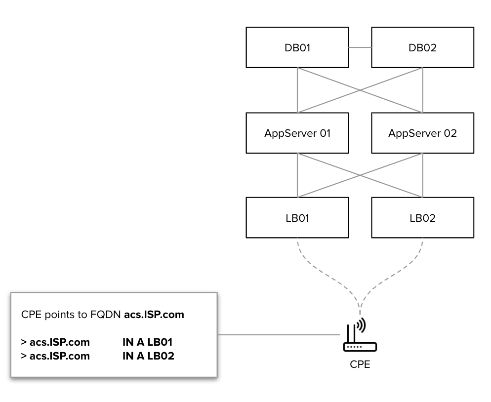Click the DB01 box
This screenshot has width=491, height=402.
click(297, 48)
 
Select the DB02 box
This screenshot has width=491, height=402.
click(423, 48)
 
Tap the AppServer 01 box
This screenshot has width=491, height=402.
click(297, 133)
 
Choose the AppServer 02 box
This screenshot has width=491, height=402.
click(423, 133)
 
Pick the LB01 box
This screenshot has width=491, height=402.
click(297, 218)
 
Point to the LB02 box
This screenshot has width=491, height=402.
click(423, 218)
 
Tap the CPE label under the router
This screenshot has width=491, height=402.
click(360, 366)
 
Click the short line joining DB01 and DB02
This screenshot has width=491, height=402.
click(360, 48)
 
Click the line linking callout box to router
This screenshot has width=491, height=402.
click(277, 335)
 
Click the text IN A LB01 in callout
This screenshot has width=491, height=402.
click(148, 341)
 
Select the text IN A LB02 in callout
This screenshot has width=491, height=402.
click(149, 355)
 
